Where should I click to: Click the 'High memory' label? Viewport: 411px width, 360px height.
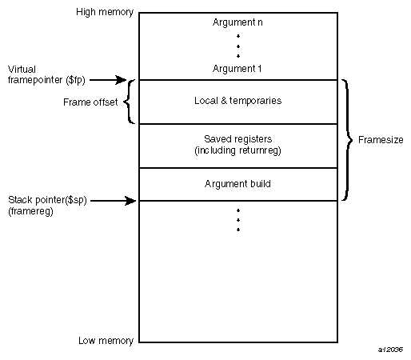[x=105, y=13]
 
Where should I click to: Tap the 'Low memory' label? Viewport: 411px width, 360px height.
[x=106, y=341]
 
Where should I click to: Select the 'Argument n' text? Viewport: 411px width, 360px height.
[x=237, y=22]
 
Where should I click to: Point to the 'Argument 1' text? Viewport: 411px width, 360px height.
[x=237, y=69]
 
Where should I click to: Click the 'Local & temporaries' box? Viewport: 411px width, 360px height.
[x=237, y=102]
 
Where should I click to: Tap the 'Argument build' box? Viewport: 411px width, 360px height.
[x=237, y=184]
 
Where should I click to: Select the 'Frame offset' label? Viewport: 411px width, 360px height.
[x=89, y=102]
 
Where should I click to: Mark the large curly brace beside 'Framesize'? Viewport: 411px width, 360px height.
[x=347, y=140]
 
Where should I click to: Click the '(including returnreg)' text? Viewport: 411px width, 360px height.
[x=237, y=151]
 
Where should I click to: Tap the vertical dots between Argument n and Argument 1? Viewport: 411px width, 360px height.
[x=237, y=45]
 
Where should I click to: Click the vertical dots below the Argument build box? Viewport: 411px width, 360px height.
[x=237, y=220]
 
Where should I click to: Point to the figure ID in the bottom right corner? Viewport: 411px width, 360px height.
[x=391, y=350]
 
